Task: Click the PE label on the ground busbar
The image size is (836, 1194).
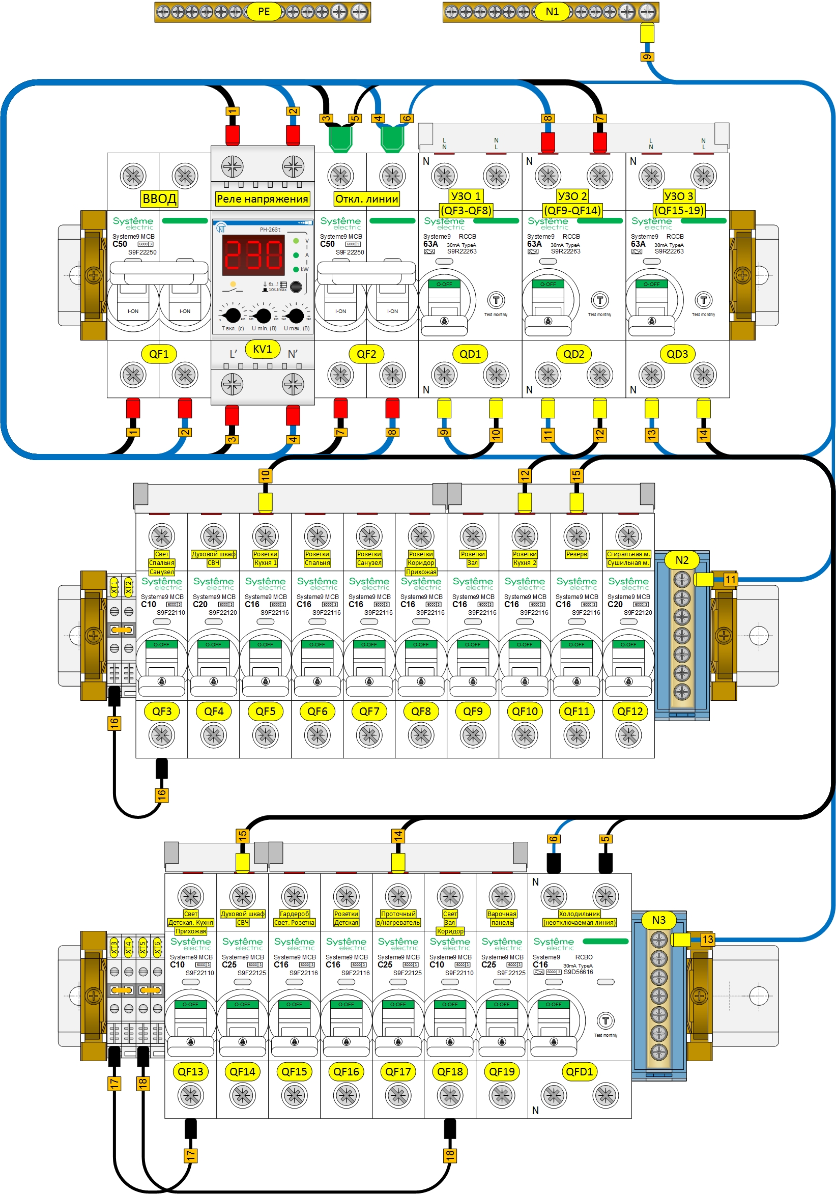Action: point(264,11)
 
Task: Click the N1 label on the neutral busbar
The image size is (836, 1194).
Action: point(552,11)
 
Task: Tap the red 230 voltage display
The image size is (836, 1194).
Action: point(253,255)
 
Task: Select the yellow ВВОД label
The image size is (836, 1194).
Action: point(159,198)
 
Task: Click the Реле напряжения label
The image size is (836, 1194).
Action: point(262,198)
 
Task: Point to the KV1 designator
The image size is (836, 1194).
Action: point(262,349)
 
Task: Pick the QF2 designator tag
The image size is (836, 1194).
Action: point(366,354)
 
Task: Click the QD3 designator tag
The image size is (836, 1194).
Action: point(677,354)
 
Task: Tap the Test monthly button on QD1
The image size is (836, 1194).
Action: point(496,300)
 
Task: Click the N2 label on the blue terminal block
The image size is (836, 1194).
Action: point(682,560)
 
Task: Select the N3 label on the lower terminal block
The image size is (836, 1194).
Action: point(658,920)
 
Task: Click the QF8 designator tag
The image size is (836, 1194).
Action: point(421,712)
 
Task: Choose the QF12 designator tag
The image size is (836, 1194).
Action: point(629,712)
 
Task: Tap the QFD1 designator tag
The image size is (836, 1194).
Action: point(579,1071)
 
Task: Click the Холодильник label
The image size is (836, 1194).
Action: point(579,914)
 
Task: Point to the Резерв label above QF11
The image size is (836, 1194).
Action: point(576,554)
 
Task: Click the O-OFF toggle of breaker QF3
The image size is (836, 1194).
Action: point(161,645)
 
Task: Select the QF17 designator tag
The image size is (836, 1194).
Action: point(398,1071)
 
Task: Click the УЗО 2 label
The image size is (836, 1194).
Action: point(572,196)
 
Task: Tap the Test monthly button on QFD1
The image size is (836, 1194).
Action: point(605,1020)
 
